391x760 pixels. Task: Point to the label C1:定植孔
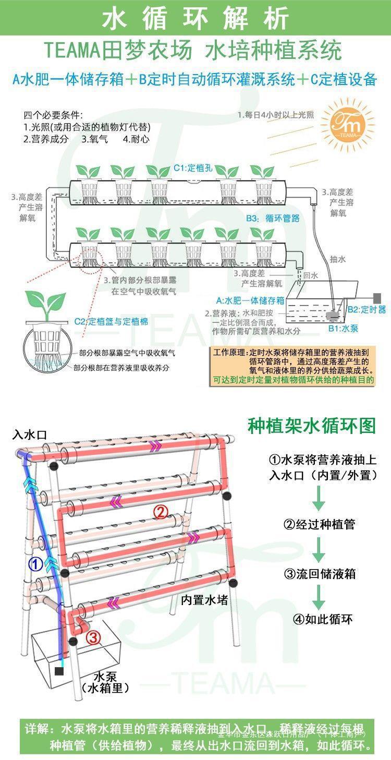(193, 168)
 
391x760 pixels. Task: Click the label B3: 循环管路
(273, 218)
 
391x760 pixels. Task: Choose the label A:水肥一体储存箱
(250, 300)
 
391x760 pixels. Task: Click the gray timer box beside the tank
(376, 297)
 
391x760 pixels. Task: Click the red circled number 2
(161, 512)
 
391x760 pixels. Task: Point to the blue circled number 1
(35, 564)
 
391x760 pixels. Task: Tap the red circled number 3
(93, 637)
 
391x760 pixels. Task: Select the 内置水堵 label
(204, 600)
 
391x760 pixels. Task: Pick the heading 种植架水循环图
(311, 426)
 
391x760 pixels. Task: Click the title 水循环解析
(195, 18)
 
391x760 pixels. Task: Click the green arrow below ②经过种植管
(319, 549)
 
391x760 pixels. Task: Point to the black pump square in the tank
(59, 671)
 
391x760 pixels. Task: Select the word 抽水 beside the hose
(337, 259)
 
